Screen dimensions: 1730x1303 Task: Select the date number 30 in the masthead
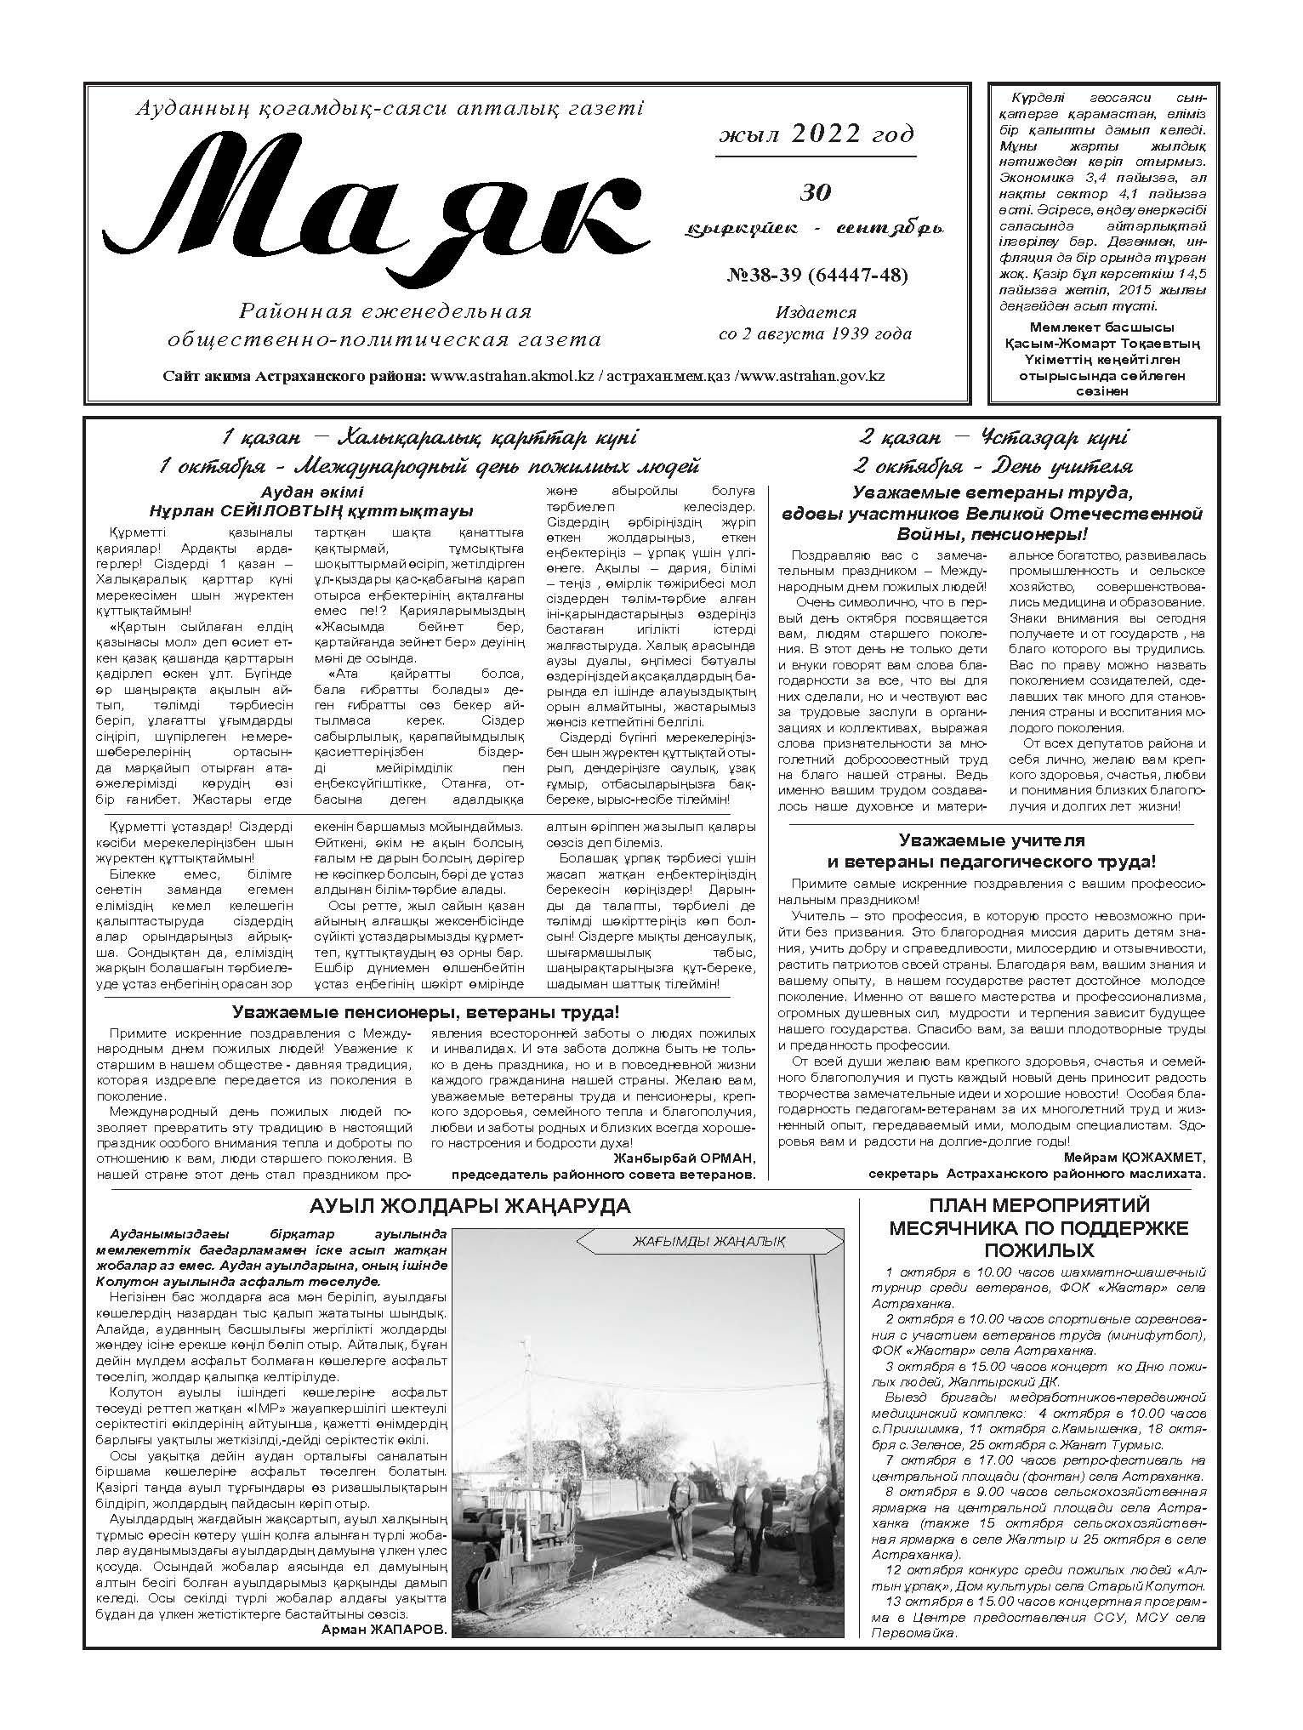coord(816,192)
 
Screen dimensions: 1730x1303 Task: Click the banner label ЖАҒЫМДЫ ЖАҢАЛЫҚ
coord(708,1242)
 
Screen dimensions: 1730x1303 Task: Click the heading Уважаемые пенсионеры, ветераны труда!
coord(425,1012)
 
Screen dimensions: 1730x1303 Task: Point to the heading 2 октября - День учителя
coord(993,466)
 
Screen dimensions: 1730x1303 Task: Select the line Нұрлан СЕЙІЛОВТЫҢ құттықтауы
coord(310,511)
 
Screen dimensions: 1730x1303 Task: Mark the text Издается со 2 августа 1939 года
coord(816,323)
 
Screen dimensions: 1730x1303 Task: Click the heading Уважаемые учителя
coord(992,840)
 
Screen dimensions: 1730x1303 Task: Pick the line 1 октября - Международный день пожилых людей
coord(429,466)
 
